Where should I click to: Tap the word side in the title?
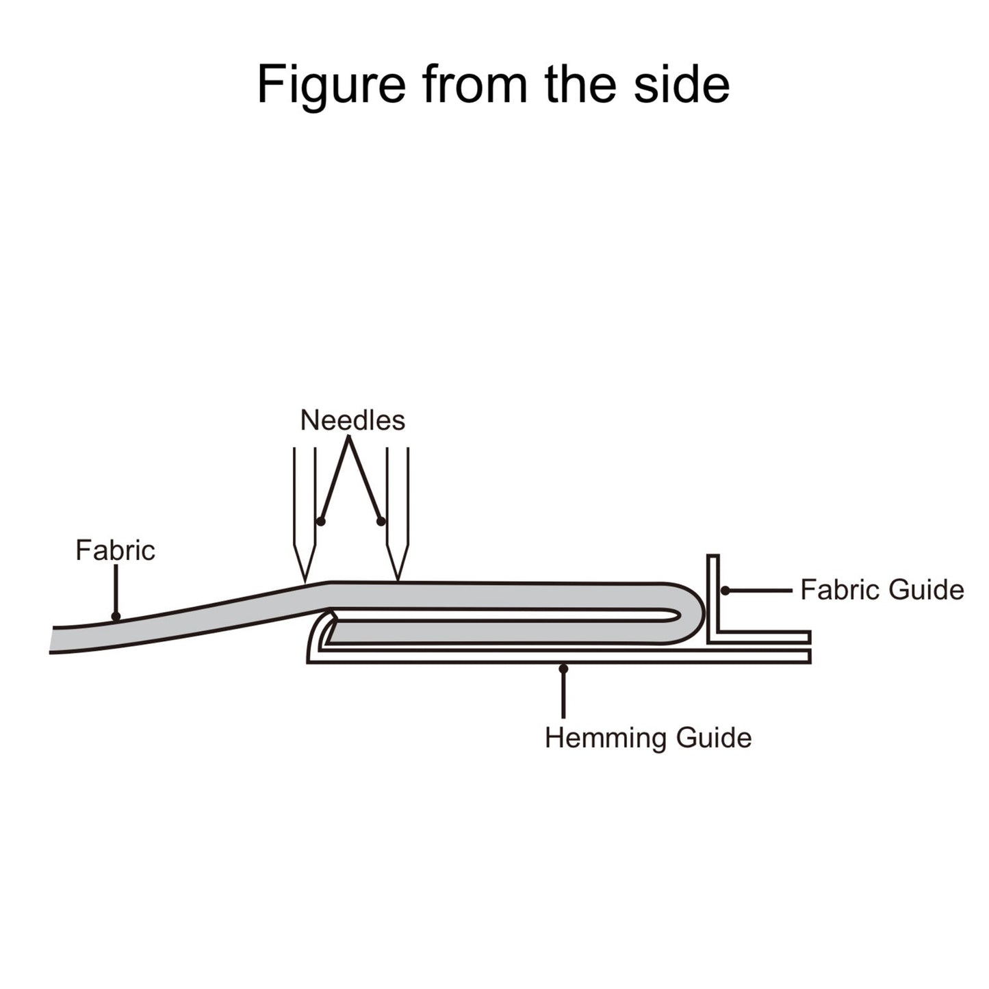[681, 84]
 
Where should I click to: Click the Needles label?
[352, 420]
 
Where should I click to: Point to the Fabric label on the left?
[115, 550]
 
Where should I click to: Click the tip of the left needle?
[305, 582]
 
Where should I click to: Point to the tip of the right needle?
[398, 580]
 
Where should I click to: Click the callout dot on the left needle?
[320, 522]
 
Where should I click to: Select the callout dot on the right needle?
[381, 522]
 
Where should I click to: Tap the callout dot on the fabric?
[116, 617]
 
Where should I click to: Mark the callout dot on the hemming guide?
[563, 667]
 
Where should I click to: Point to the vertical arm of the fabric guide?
[712, 595]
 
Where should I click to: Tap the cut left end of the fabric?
[52, 640]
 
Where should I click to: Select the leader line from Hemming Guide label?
[563, 695]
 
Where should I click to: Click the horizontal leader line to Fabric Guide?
[760, 590]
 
